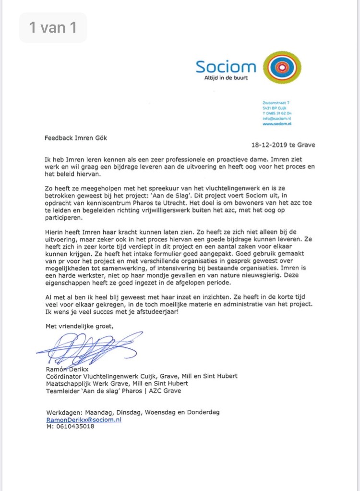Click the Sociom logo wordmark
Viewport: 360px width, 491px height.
(226, 66)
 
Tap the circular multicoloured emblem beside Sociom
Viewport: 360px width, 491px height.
(283, 68)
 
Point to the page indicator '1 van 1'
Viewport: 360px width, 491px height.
(53, 27)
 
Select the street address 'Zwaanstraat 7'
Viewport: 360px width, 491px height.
(276, 102)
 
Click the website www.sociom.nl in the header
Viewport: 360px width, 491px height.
(277, 123)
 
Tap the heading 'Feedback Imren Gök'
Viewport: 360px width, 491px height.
(76, 138)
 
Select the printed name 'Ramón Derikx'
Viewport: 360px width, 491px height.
(68, 369)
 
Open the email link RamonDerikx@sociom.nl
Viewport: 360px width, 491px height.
(84, 419)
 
